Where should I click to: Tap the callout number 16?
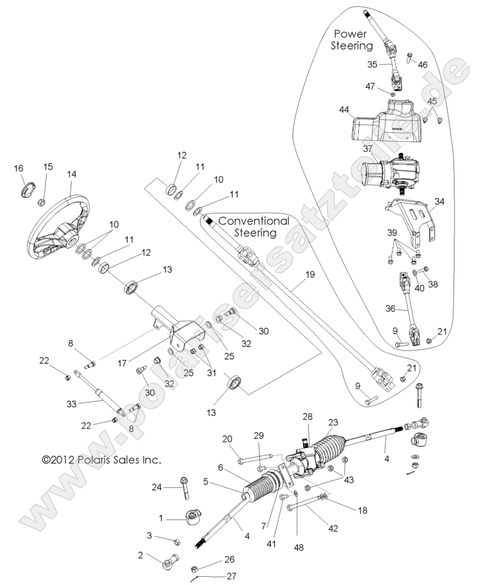tap(19, 168)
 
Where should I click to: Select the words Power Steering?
tap(353, 39)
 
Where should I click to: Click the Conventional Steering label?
tap(255, 227)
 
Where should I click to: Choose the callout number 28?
tap(307, 416)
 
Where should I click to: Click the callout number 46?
tap(423, 64)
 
